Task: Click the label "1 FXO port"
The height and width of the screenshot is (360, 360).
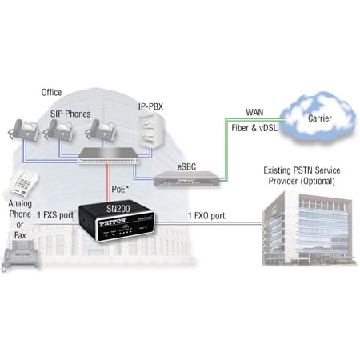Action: [x=210, y=215]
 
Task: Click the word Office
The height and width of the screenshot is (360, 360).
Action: [x=51, y=93]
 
